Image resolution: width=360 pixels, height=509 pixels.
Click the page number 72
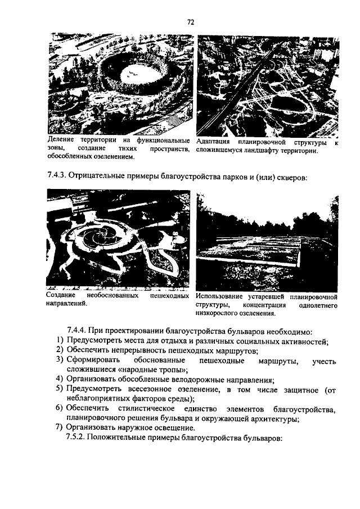[x=190, y=22]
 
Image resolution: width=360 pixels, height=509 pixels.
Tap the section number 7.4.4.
[x=78, y=331]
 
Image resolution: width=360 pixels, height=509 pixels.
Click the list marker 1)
[x=59, y=341]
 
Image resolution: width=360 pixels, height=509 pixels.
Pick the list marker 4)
[x=59, y=380]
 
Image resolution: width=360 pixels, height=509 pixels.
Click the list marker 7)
[x=59, y=428]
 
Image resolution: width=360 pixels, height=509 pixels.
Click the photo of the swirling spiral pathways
[x=118, y=239]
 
